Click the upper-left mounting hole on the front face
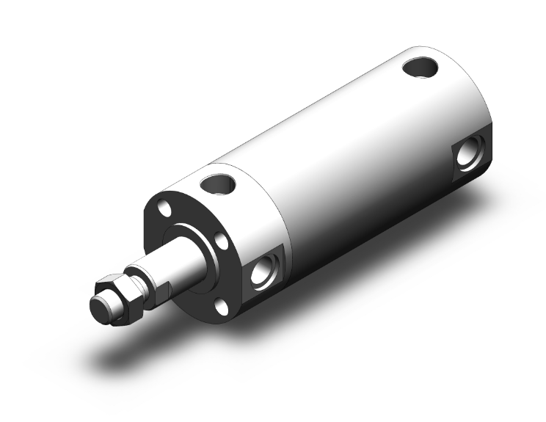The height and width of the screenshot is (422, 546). coord(166,212)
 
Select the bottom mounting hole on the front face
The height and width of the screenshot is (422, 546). coord(218,305)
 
